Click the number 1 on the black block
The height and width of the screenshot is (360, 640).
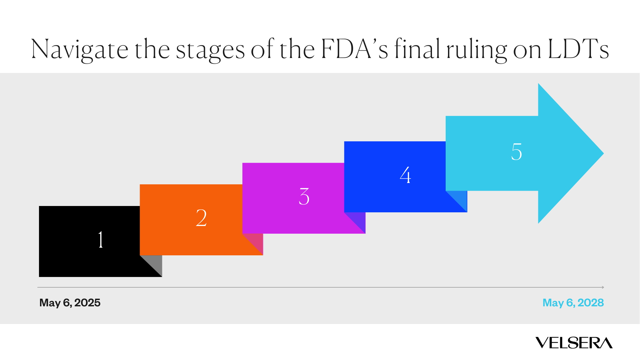pos(101,240)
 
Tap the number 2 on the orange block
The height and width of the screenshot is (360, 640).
pos(201,218)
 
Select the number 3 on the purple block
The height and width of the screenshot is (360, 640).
pos(304,196)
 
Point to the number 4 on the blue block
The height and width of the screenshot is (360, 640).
pos(405,175)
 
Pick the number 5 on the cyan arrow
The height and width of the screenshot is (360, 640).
pos(516,152)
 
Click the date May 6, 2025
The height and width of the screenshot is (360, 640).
pos(70,303)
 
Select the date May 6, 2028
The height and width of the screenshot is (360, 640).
pos(573,303)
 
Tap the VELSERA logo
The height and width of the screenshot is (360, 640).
pos(574,343)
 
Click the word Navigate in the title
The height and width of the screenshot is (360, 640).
pos(80,49)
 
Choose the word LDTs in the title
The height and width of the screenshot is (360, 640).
pos(578,49)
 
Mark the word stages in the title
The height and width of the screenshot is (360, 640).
pos(210,50)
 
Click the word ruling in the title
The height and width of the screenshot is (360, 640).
pos(477,50)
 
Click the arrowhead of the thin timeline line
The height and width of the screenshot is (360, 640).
pos(603,287)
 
